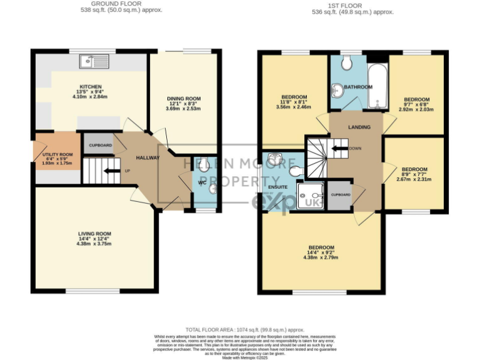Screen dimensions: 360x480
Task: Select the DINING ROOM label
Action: [183, 99]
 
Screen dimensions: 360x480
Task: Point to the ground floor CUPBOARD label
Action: [100, 145]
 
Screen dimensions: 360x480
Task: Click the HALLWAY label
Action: [147, 157]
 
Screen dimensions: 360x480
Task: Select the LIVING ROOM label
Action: [94, 234]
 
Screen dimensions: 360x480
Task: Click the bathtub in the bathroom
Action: [377, 87]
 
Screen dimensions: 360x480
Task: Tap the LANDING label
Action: [360, 127]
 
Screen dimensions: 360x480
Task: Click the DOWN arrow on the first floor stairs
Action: [341, 149]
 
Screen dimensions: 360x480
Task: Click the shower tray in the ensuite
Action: [309, 196]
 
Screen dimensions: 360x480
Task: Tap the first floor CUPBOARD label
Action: [341, 195]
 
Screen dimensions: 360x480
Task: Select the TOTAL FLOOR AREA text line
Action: [245, 329]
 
